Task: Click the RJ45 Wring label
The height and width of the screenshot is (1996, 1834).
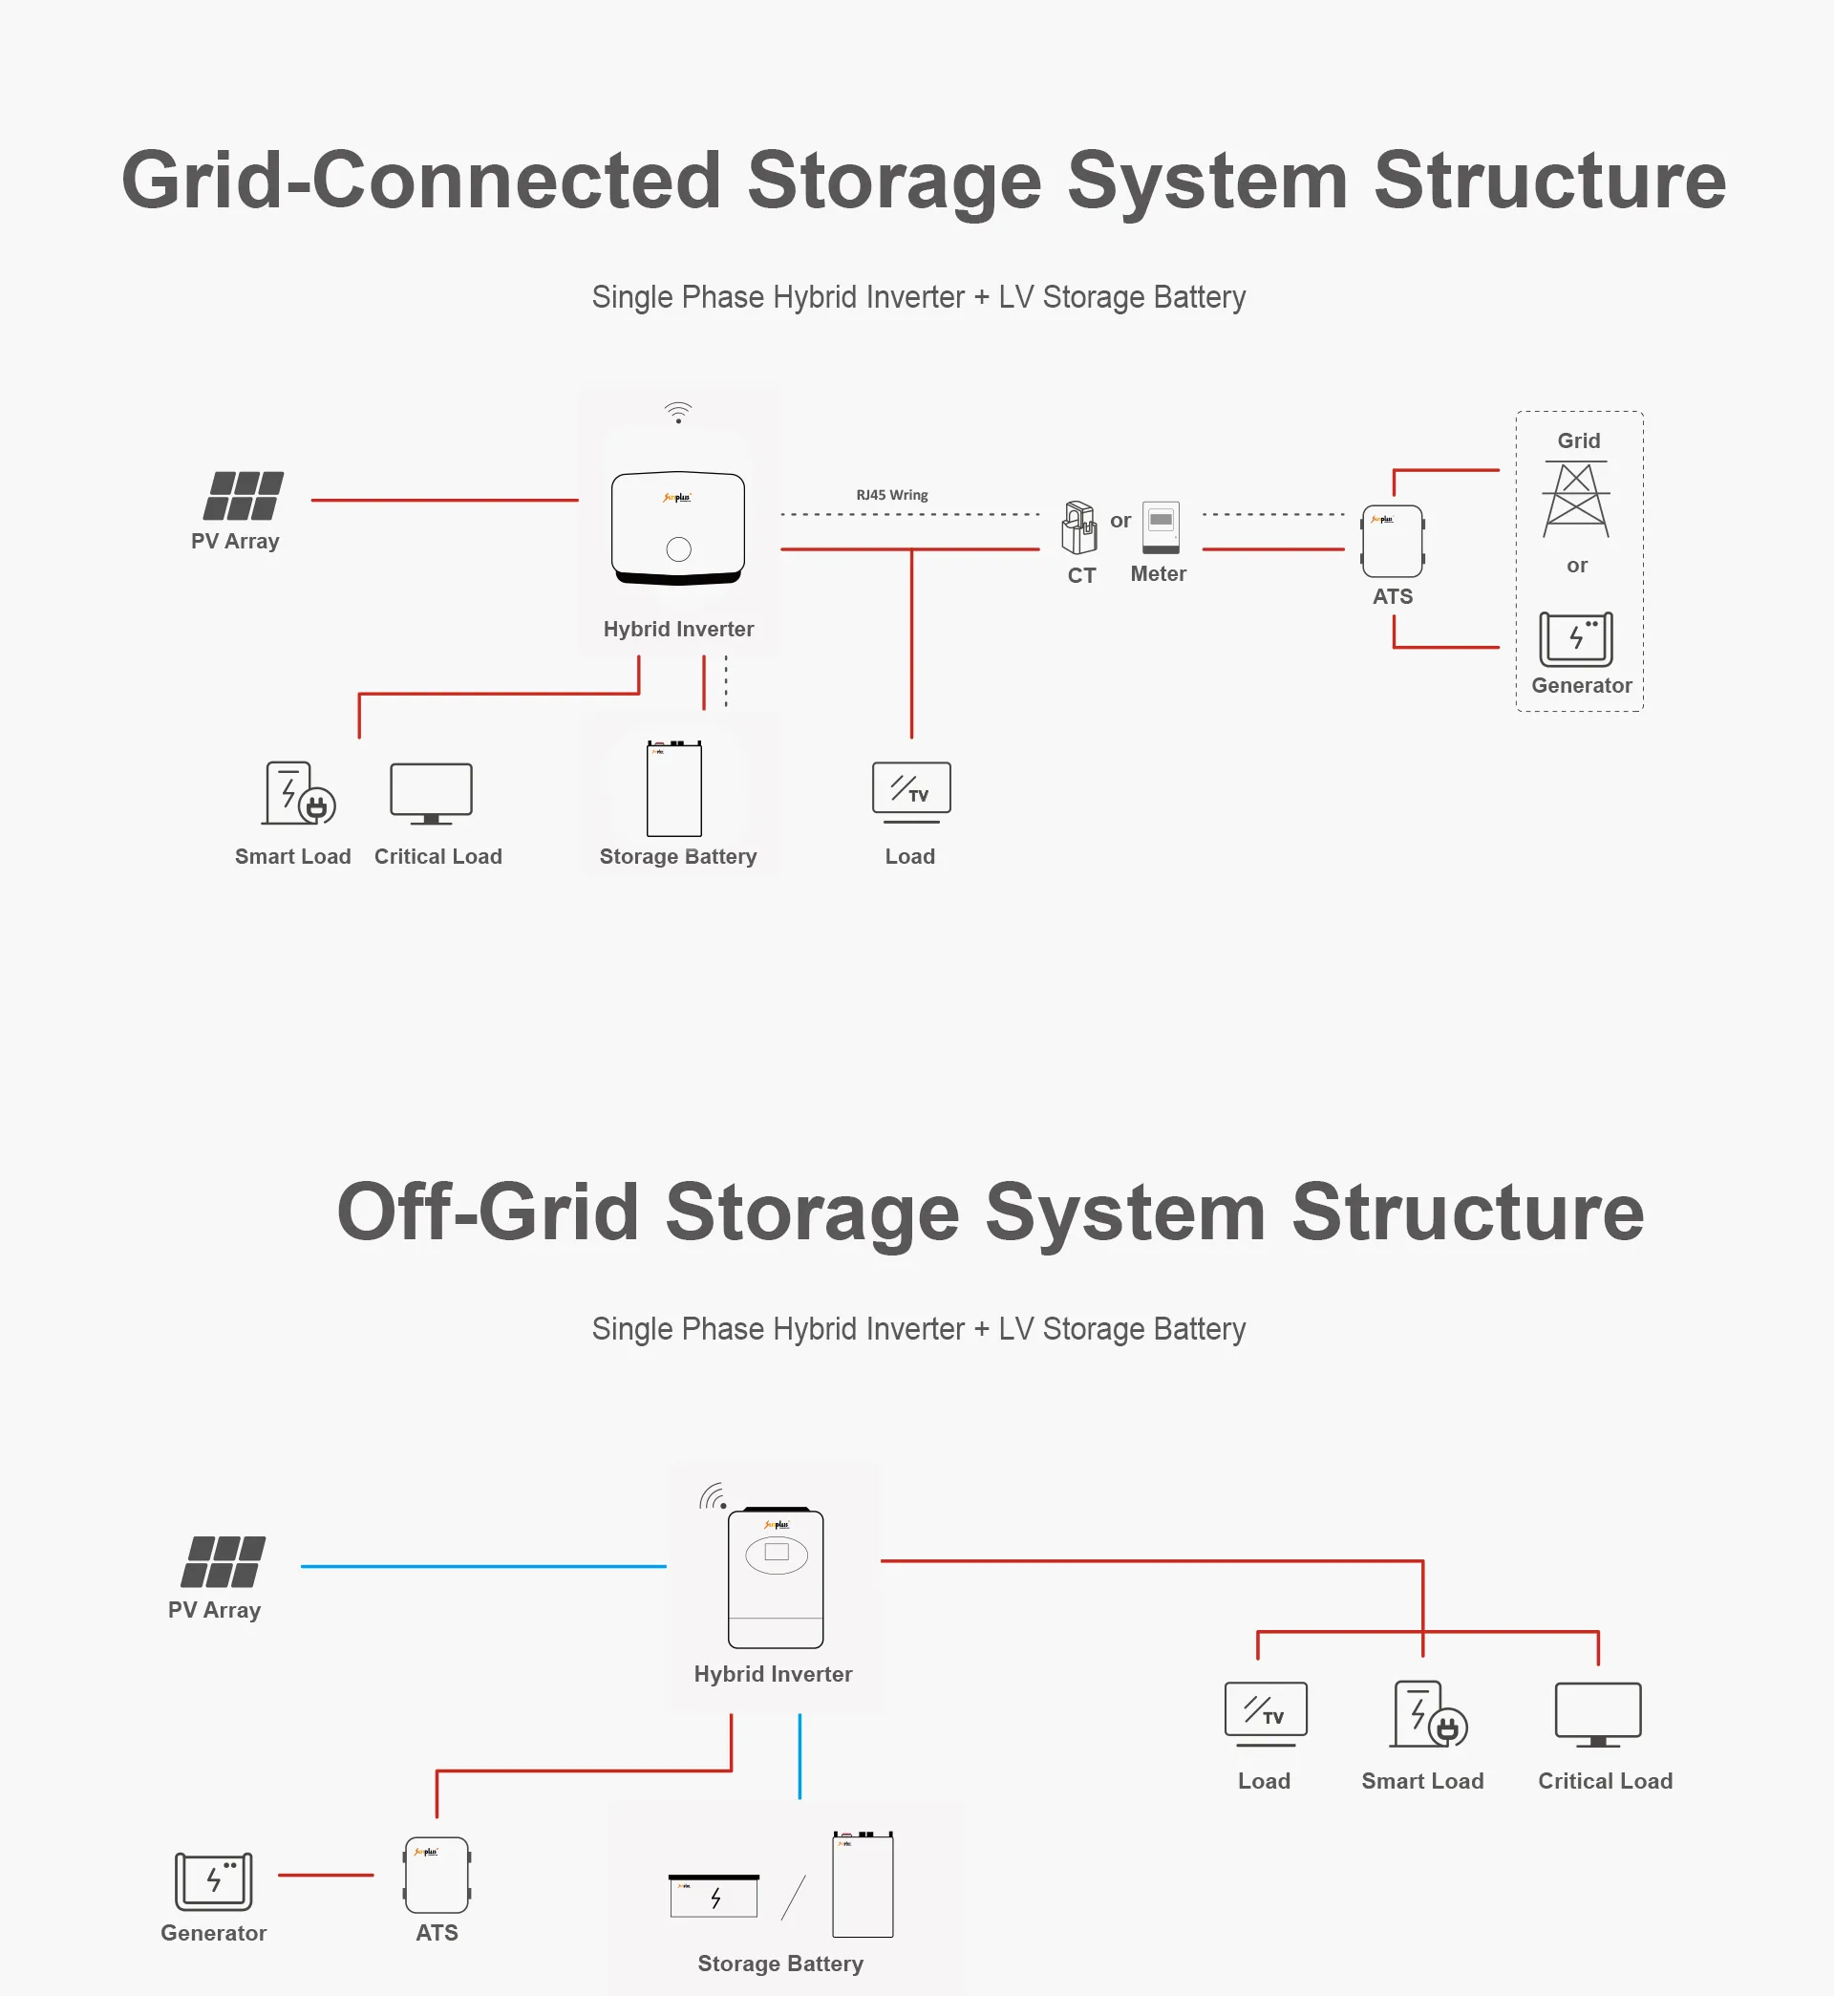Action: point(891,494)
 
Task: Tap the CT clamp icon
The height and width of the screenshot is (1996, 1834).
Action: point(1078,528)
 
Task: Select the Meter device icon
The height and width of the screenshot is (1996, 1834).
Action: point(1161,526)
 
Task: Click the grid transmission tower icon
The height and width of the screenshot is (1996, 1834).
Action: point(1576,501)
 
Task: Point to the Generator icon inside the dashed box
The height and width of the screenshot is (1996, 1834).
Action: point(1576,639)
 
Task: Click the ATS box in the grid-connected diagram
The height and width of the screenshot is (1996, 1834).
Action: point(1393,542)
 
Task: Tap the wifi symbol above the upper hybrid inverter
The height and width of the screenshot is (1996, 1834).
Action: point(678,412)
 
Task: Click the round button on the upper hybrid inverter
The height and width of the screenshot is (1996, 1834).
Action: point(679,548)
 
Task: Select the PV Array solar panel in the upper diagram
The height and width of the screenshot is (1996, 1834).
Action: point(244,496)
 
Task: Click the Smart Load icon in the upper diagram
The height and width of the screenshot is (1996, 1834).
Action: point(298,793)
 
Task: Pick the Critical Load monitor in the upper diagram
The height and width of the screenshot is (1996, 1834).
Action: point(431,793)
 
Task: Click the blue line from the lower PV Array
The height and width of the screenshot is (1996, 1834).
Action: point(483,1566)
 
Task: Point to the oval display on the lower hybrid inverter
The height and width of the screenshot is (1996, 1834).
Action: point(776,1555)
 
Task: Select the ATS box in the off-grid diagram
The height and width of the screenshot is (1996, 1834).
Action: point(437,1875)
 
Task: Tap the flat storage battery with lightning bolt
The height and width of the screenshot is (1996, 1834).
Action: point(714,1896)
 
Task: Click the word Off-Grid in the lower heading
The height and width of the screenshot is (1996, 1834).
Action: point(487,1212)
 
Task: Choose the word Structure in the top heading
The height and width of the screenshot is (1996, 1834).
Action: point(1549,181)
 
